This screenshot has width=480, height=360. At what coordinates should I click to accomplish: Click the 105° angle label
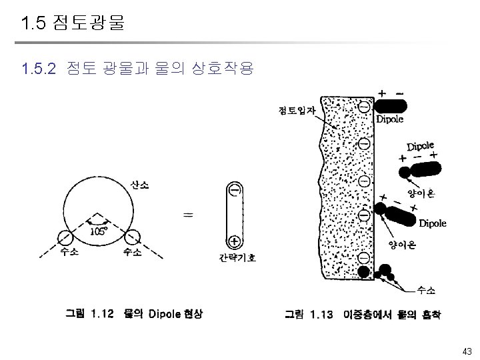coord(99,231)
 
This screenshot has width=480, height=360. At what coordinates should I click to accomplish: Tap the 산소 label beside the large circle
coord(140,185)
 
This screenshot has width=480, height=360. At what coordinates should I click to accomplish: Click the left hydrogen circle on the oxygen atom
coord(65,237)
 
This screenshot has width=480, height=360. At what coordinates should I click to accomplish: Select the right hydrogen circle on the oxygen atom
coord(131,237)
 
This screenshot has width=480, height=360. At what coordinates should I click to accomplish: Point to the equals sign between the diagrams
coord(188,215)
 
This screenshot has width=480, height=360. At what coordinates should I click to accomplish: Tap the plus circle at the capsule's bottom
coord(234,241)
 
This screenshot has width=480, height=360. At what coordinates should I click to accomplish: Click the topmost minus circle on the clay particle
coord(365,107)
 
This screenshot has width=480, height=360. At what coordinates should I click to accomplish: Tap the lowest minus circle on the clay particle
coord(365,257)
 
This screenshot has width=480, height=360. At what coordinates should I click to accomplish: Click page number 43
coord(467,351)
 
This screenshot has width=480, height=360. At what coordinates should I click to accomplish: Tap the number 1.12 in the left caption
coord(103,313)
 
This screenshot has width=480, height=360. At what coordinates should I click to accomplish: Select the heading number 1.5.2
coord(38,68)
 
